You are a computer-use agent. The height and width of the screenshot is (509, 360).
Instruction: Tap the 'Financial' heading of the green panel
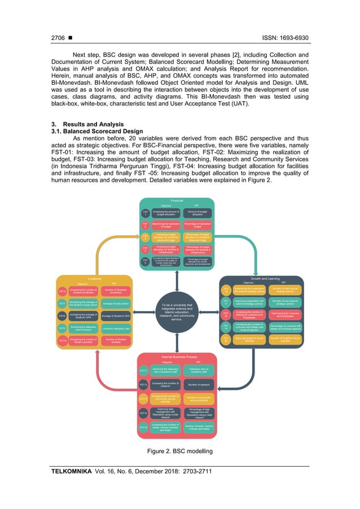pos(178,201)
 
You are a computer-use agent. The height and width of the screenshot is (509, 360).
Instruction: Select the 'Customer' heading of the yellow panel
pos(94,278)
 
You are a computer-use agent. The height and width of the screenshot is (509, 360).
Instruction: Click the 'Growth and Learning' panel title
pos(262,278)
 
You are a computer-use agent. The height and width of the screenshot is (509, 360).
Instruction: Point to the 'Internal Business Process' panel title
pos(178,357)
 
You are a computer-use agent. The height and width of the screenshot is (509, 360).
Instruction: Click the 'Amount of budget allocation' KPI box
pos(197,213)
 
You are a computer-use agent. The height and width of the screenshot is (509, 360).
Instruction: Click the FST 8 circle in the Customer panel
pos(63,316)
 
